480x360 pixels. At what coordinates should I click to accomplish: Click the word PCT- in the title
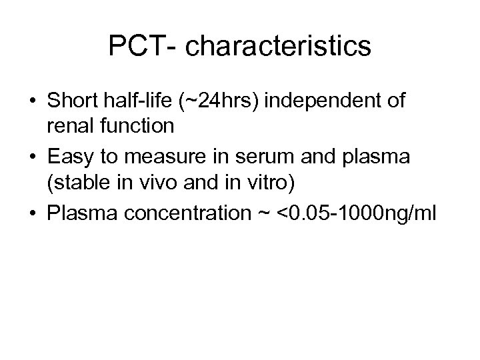pos(141,46)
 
